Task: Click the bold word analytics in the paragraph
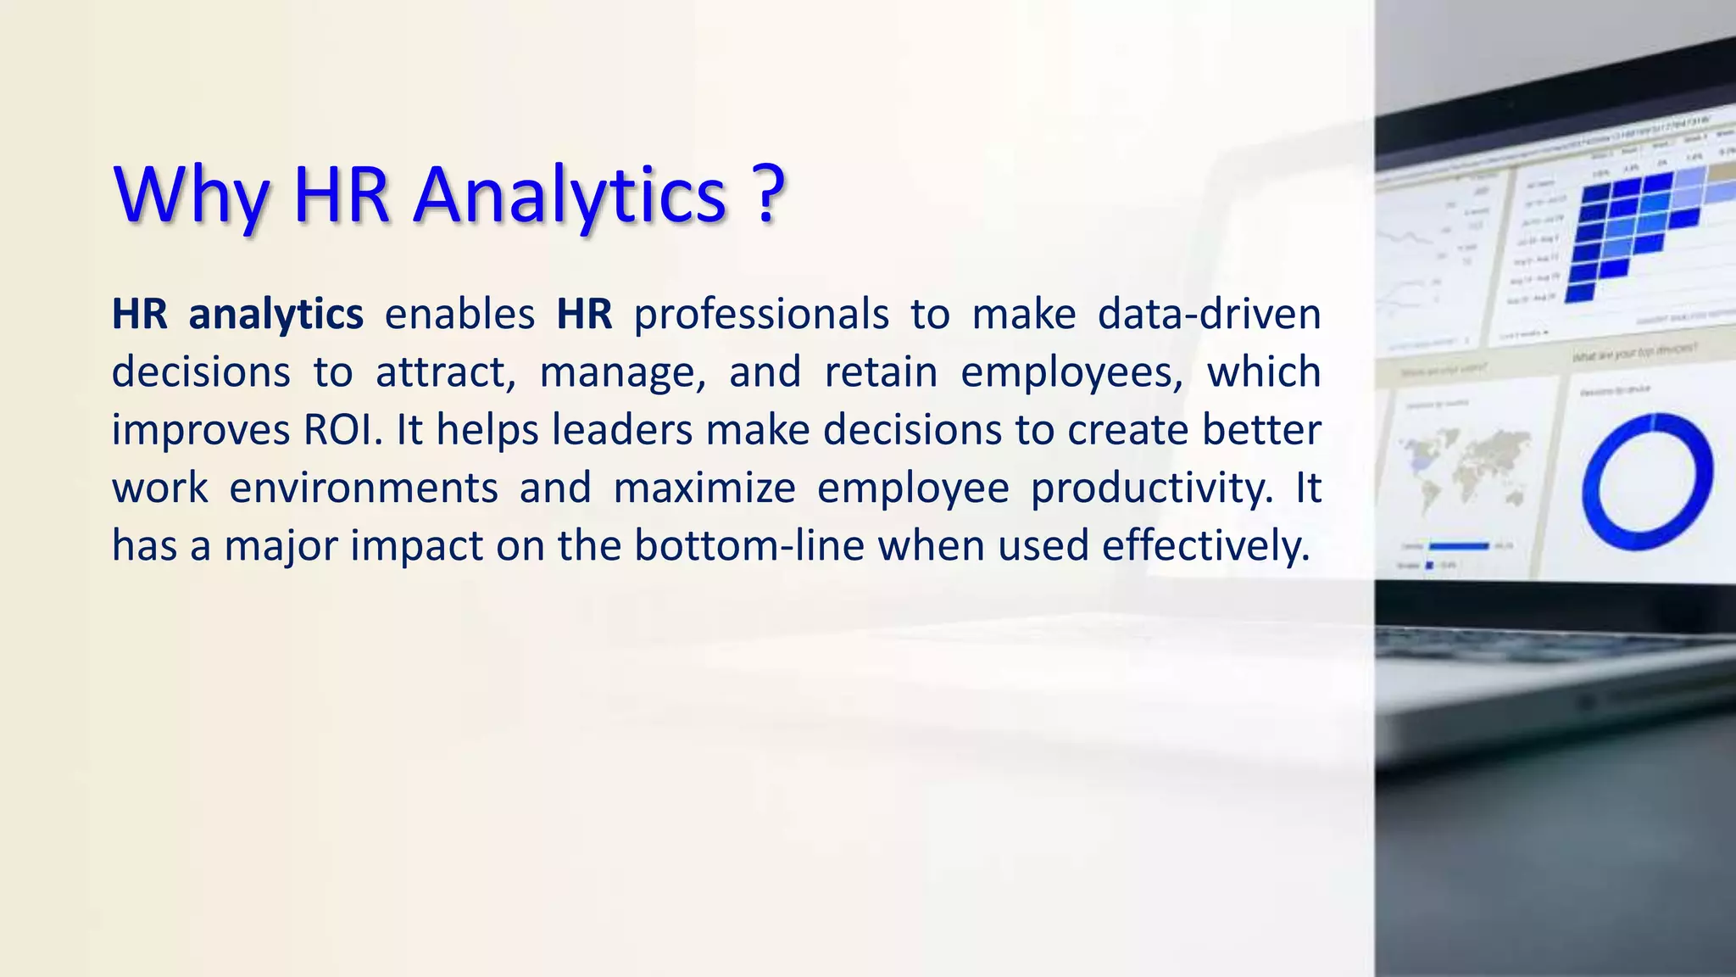coord(275,315)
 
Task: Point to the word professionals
coord(761,315)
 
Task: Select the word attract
coord(445,372)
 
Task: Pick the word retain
coord(881,372)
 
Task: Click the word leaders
coord(622,430)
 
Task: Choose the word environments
coord(364,488)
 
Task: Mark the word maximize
coord(704,488)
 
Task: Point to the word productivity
coord(1152,488)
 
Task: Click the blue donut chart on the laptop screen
coord(1646,481)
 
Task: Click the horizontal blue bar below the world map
coord(1459,546)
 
